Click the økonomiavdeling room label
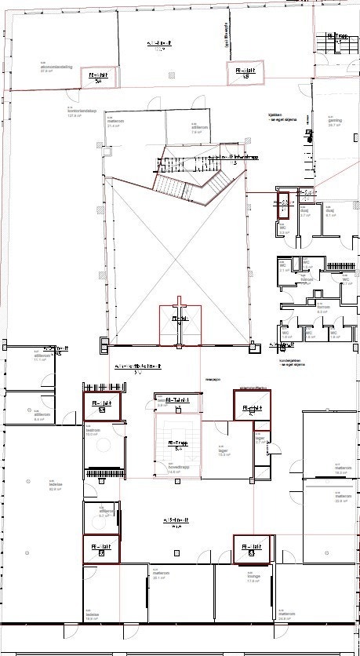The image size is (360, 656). pyautogui.click(x=51, y=67)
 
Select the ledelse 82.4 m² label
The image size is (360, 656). pyautogui.click(x=34, y=485)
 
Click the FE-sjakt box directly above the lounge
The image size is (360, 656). pyautogui.click(x=252, y=548)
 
